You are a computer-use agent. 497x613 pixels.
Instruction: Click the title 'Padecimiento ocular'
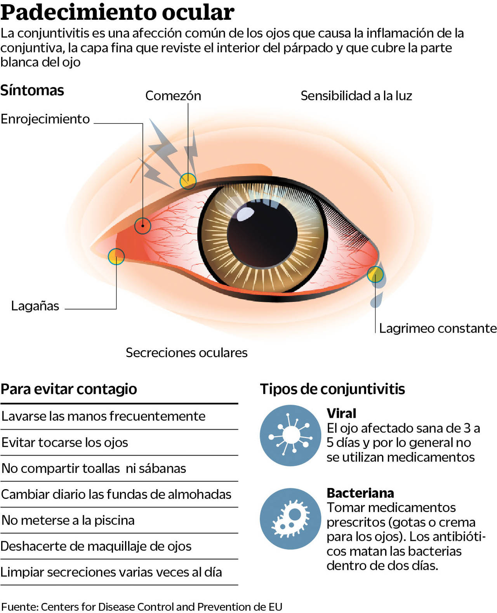[117, 12]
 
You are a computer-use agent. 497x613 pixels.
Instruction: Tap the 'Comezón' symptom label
[173, 96]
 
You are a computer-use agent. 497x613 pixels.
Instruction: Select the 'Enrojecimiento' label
[45, 119]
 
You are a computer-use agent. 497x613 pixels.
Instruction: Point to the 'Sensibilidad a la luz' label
[356, 96]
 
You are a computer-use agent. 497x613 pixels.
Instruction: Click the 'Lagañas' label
[35, 306]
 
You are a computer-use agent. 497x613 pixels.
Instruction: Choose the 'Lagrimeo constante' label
[438, 328]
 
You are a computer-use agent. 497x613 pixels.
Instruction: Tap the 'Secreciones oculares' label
[186, 353]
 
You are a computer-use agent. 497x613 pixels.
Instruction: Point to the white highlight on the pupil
[245, 214]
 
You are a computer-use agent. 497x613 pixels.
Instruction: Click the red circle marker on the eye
[142, 226]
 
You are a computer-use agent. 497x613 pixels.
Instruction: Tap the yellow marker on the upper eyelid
[188, 181]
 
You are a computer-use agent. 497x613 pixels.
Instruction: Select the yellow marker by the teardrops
[375, 274]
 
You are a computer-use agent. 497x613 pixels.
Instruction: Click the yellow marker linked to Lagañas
[116, 257]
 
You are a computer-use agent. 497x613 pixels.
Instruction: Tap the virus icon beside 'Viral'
[290, 435]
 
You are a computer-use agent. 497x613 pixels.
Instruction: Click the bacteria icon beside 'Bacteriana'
[290, 519]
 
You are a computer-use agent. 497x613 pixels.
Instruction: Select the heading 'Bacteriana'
[360, 493]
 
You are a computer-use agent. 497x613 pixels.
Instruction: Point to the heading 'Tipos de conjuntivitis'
[332, 389]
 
